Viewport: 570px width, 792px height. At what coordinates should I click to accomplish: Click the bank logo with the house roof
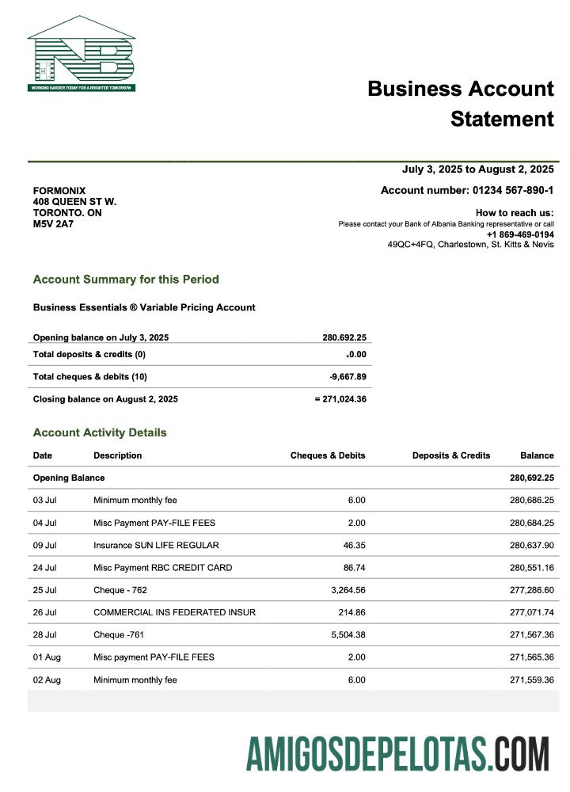coord(82,54)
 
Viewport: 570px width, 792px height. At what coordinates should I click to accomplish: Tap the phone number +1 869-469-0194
coord(520,234)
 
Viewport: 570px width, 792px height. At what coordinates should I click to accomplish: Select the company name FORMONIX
coord(59,191)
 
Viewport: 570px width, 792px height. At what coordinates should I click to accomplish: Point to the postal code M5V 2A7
coord(53,224)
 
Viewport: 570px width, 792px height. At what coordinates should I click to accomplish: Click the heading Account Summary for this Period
coord(126,280)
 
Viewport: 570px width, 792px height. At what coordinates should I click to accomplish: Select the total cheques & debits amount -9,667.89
coord(348,377)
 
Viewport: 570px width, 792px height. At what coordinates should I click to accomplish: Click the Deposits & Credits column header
coord(451,455)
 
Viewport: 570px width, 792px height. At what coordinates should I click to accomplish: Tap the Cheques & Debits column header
coord(328,455)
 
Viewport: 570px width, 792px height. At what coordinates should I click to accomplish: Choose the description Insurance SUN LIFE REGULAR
coord(156,545)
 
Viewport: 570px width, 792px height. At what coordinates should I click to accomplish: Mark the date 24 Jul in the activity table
coord(44,568)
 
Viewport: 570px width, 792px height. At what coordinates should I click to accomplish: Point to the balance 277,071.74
coord(531,612)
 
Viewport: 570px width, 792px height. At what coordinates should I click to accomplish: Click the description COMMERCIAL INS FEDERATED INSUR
coord(174,612)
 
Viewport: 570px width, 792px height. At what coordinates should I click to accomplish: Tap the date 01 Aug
coord(46,657)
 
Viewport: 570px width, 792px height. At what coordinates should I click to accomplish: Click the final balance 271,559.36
coord(531,680)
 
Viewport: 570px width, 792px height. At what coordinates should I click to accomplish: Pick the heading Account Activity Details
coord(100,432)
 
